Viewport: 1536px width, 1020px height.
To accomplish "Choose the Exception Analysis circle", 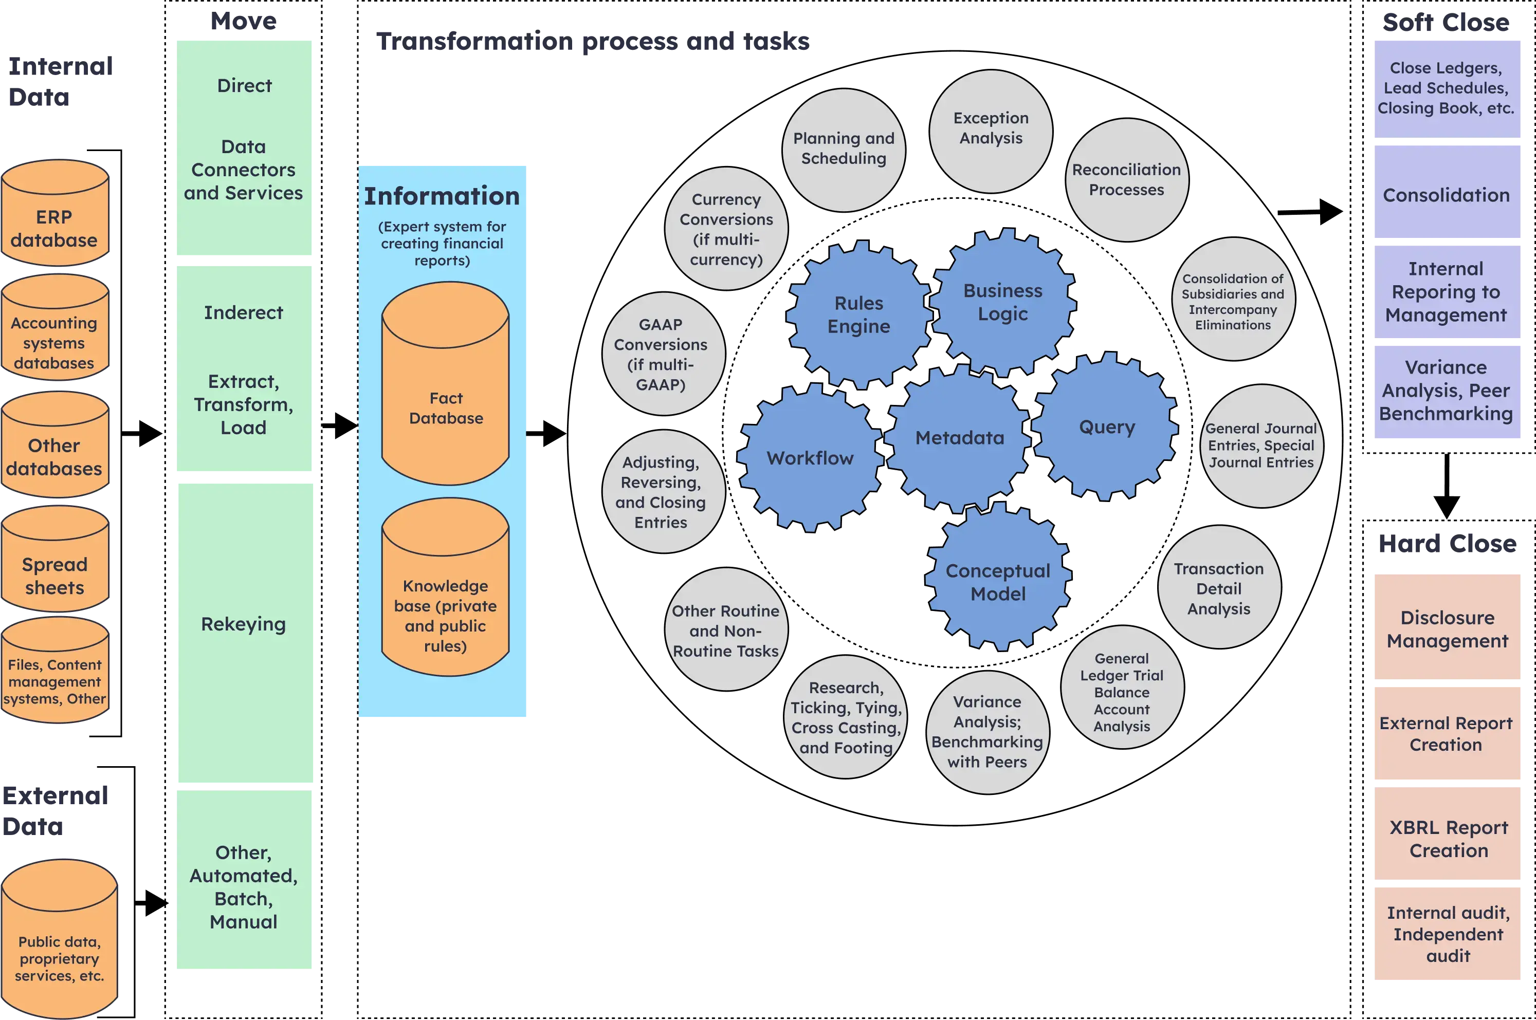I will pyautogui.click(x=990, y=131).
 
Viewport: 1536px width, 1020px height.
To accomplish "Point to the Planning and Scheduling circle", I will pyautogui.click(x=843, y=149).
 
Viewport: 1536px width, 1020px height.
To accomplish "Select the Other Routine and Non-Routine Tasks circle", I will pyautogui.click(x=725, y=629).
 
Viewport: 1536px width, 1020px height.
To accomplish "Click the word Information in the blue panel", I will pyautogui.click(x=442, y=196).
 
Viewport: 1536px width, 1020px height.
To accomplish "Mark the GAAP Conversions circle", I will pyautogui.click(x=662, y=354).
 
